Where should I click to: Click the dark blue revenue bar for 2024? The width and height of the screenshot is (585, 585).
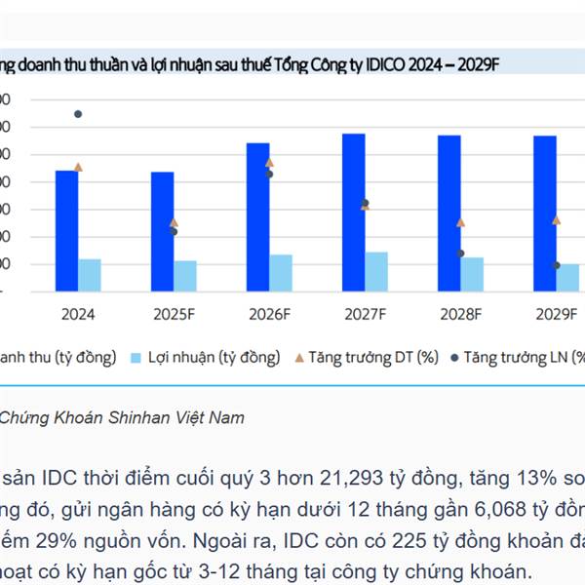click(x=66, y=230)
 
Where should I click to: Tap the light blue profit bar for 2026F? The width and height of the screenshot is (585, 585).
click(x=281, y=272)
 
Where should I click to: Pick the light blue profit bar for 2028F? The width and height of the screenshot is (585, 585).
click(x=472, y=273)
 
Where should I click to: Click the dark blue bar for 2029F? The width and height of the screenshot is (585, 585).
click(x=544, y=213)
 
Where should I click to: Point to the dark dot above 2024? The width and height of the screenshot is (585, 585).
click(x=78, y=114)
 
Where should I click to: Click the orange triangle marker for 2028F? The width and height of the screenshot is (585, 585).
click(x=461, y=222)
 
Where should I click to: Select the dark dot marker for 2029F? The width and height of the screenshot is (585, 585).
click(x=557, y=265)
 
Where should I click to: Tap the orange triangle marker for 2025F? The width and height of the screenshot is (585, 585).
click(x=174, y=222)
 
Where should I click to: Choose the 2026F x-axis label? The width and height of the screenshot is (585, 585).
click(x=270, y=314)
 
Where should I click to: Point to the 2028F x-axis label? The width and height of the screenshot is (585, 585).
click(x=461, y=314)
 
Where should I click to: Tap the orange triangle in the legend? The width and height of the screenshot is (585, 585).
click(x=298, y=358)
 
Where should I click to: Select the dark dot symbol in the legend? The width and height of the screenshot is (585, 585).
click(x=453, y=358)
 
